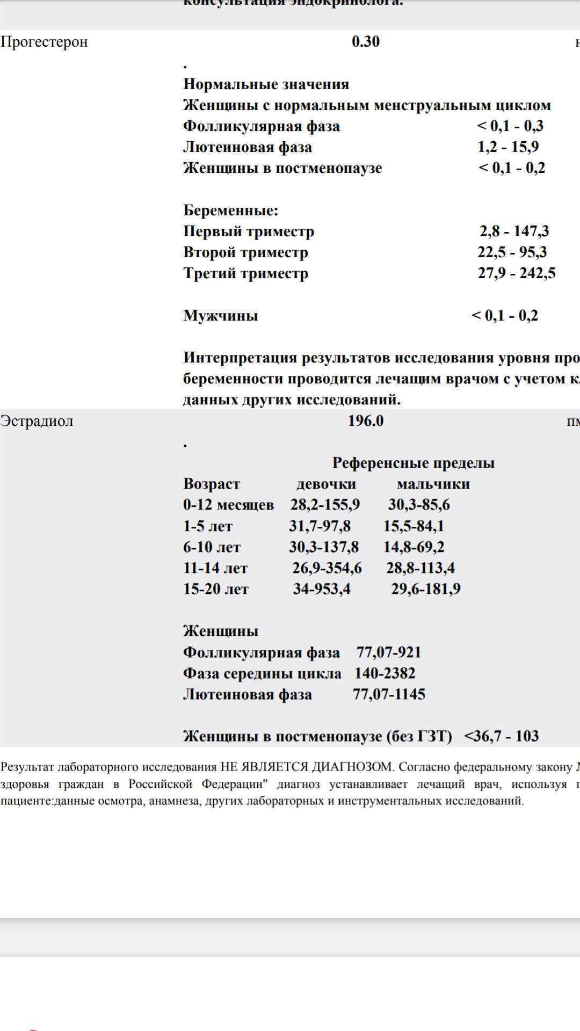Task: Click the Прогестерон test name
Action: coord(44,42)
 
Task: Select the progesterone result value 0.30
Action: coord(366,42)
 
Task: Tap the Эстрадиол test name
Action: coord(37,421)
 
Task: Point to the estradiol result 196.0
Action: coord(366,421)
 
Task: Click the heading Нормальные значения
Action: coord(266,84)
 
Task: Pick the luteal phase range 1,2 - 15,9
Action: coord(508,147)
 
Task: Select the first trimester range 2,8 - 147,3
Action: coord(514,231)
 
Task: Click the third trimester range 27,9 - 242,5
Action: coord(517,273)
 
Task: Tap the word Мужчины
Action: coord(220,316)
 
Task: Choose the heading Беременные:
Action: coord(230,210)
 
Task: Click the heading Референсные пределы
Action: coord(414,463)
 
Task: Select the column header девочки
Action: coord(326,484)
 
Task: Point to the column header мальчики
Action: coord(433,484)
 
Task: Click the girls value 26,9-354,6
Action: coord(327,568)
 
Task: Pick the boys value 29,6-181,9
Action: coord(425,589)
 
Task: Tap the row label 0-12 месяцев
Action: coord(228,505)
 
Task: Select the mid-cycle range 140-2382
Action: coord(385,673)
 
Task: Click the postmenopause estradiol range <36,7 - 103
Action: coord(501,736)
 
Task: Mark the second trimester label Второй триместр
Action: coord(245,252)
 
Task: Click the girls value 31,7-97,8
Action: coord(320,526)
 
